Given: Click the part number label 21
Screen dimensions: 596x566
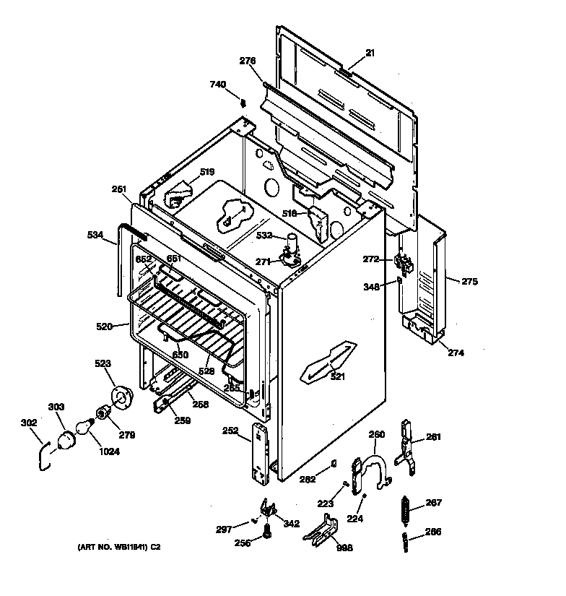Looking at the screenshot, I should point(370,53).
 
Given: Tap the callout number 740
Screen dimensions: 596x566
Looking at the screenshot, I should point(218,85).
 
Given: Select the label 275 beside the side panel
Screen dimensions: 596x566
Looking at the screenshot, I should point(469,282).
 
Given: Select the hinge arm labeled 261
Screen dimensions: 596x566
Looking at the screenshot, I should point(406,449).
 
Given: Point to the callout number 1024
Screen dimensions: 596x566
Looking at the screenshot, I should point(110,452).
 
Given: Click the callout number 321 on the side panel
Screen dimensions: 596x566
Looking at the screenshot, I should point(337,376).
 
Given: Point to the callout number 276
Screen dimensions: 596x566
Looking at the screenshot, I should point(248,62).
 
